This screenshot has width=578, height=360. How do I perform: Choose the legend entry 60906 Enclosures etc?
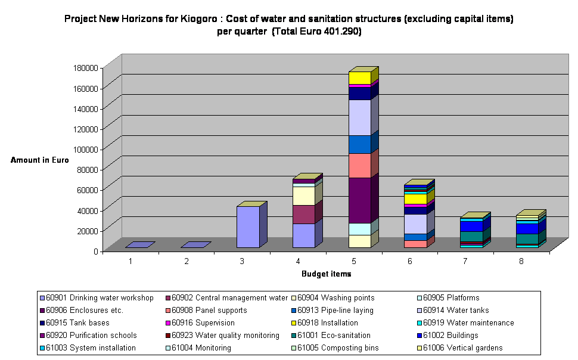tap(84, 311)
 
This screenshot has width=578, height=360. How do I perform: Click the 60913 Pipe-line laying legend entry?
tap(335, 311)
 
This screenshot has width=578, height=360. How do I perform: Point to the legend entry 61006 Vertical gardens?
tap(463, 348)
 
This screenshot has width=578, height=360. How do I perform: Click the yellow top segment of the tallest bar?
tap(360, 78)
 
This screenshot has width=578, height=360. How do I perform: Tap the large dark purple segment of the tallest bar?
tap(360, 200)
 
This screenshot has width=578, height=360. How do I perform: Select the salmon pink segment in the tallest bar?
tap(360, 166)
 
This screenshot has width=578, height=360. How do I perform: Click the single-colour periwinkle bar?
tap(248, 226)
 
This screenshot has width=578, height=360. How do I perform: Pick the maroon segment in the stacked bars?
tap(304, 214)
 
